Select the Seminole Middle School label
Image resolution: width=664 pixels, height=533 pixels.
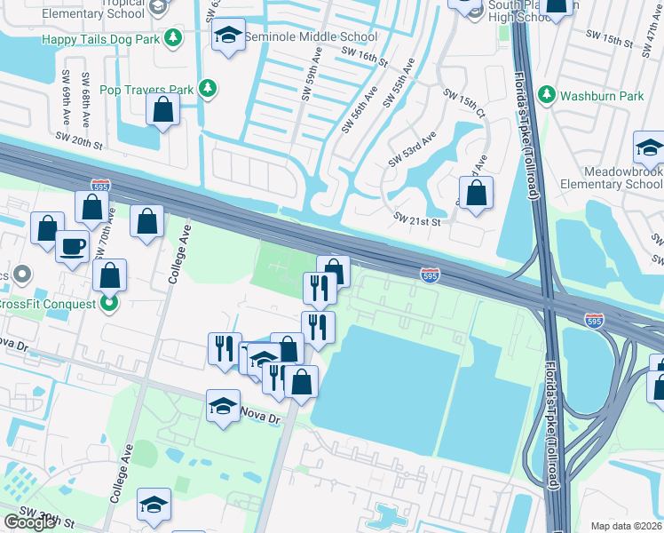pos(311,37)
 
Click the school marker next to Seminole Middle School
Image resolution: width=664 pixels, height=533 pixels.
pos(228,36)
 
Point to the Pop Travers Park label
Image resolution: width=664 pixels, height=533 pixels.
pos(146,90)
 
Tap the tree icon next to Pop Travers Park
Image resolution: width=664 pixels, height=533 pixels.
pos(208,88)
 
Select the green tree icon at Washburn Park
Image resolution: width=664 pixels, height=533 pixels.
pos(546,93)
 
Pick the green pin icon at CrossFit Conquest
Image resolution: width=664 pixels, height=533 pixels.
pos(109,304)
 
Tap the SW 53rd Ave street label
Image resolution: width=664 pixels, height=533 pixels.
pos(413,150)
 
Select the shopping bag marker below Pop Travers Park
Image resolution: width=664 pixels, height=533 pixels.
pos(163,109)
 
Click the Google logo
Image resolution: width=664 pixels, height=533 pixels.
pos(29,522)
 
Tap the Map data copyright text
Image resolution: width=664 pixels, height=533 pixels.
pos(627,526)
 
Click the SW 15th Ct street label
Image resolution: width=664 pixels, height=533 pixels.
pos(468,107)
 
